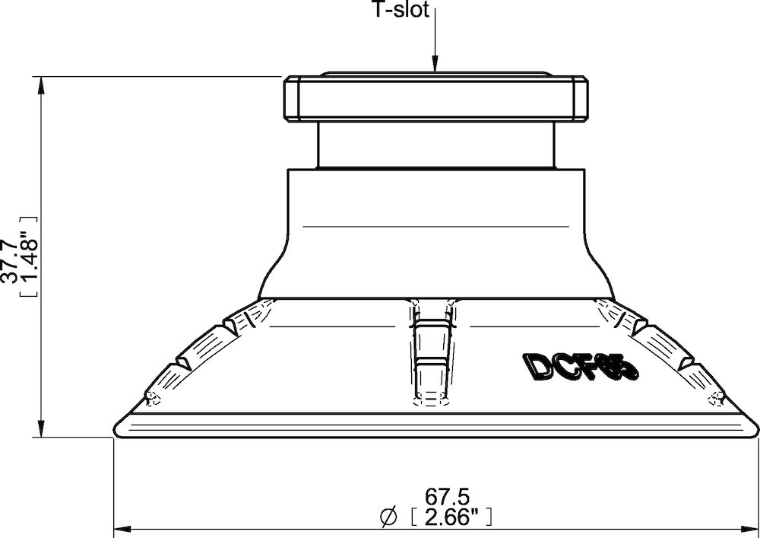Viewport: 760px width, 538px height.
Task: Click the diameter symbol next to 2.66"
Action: click(388, 518)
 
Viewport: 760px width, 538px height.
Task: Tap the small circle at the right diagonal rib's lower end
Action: click(714, 396)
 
